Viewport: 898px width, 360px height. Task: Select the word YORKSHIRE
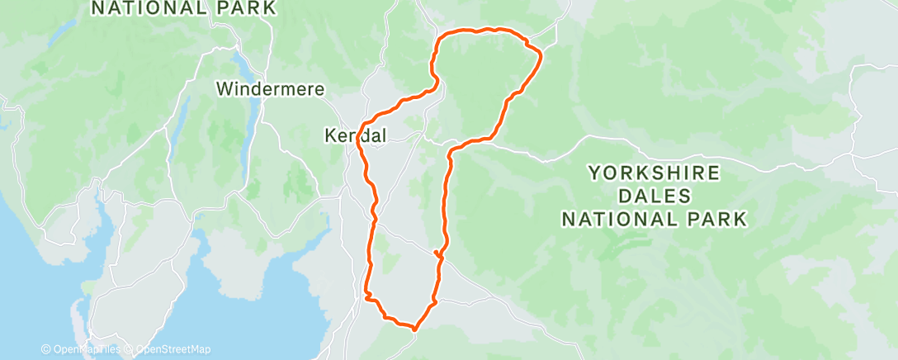point(654,173)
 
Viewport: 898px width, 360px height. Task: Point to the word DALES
point(654,197)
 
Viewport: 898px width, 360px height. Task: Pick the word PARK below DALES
point(717,219)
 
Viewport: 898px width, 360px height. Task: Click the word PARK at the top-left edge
point(247,8)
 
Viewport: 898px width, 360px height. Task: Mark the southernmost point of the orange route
point(414,328)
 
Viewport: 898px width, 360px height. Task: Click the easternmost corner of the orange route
point(541,55)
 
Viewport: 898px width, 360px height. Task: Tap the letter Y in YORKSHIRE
point(593,173)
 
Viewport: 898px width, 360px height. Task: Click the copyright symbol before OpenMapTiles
point(45,349)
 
